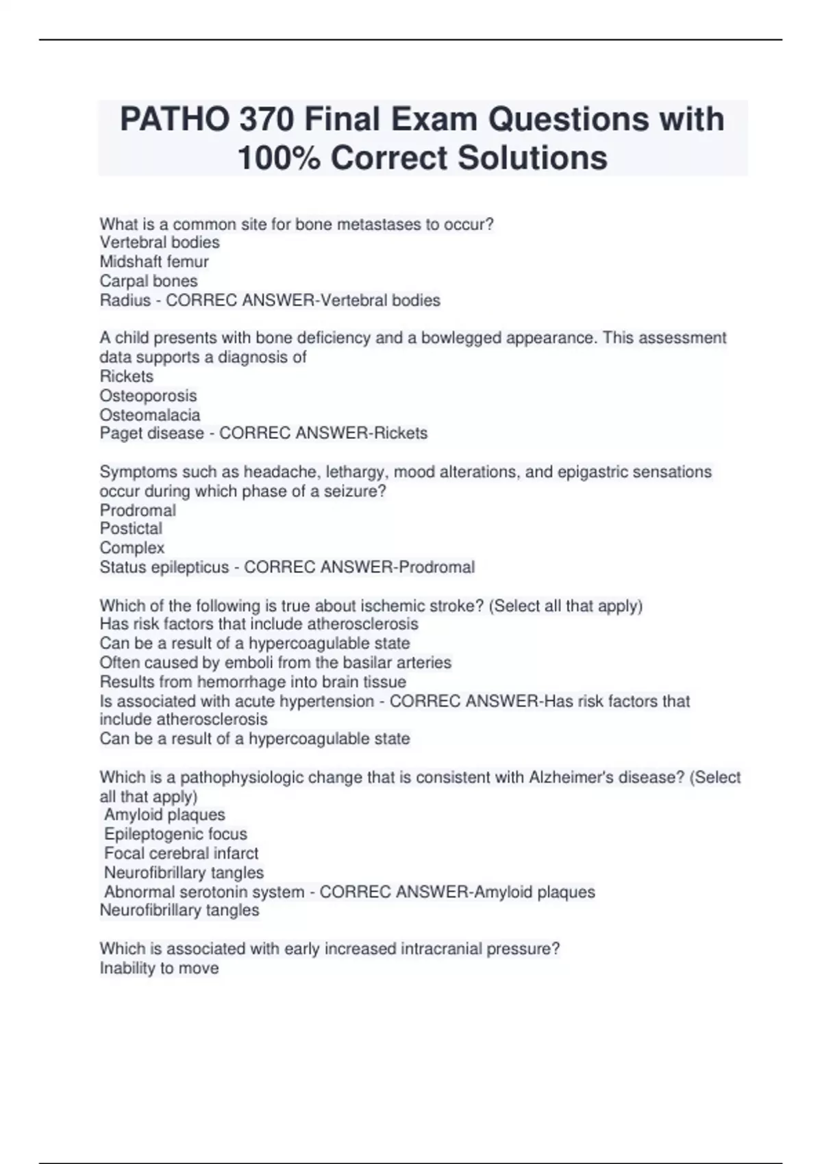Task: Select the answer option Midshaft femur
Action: click(154, 262)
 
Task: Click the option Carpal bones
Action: click(149, 281)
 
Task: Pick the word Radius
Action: click(125, 300)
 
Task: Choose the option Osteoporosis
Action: click(148, 396)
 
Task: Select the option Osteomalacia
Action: click(150, 415)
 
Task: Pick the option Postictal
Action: click(131, 529)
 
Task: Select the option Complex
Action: click(132, 548)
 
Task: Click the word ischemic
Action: click(392, 605)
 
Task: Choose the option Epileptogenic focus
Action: click(175, 834)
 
